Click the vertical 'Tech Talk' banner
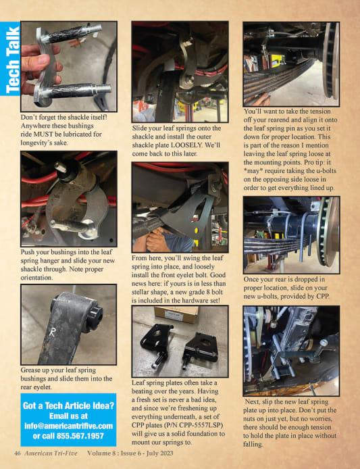click(x=10, y=59)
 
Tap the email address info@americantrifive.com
click(x=68, y=426)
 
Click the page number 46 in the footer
click(x=18, y=453)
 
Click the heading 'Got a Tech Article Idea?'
click(x=68, y=406)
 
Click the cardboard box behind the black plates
click(x=176, y=314)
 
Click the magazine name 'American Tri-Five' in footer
click(x=51, y=453)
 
